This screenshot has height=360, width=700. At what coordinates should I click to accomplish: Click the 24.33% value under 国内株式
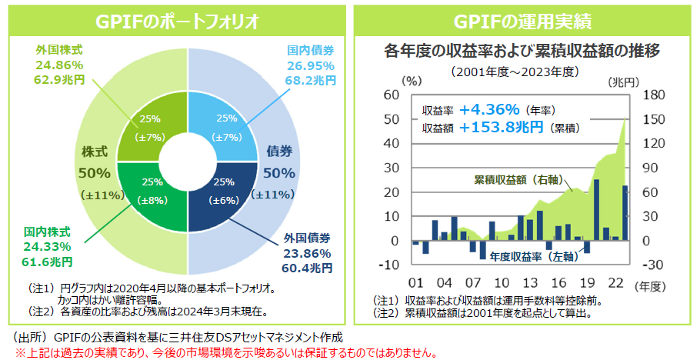click(48, 246)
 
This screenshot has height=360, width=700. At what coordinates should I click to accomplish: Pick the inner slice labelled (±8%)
click(152, 192)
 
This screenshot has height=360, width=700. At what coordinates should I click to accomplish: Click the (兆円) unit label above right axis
click(623, 81)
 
